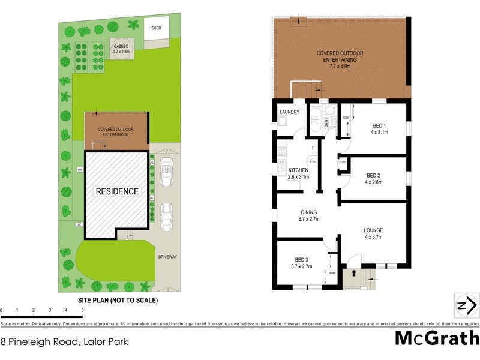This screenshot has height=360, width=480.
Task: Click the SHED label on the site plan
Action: click(x=156, y=28)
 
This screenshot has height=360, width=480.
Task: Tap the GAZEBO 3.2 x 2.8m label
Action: click(x=122, y=49)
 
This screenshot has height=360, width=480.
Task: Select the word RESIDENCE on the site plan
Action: click(x=118, y=191)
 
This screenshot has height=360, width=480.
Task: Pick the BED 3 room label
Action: click(x=302, y=262)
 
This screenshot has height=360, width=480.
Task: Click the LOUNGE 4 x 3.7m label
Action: click(x=373, y=233)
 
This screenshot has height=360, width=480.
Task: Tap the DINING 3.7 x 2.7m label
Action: click(x=308, y=215)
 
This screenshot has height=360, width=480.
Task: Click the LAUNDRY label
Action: click(x=289, y=111)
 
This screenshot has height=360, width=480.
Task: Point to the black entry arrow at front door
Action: click(x=353, y=272)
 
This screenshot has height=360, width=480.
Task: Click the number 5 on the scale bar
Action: click(x=82, y=310)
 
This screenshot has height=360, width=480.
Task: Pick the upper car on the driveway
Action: click(x=166, y=172)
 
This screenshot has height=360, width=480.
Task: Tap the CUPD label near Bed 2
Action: click(x=343, y=162)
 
